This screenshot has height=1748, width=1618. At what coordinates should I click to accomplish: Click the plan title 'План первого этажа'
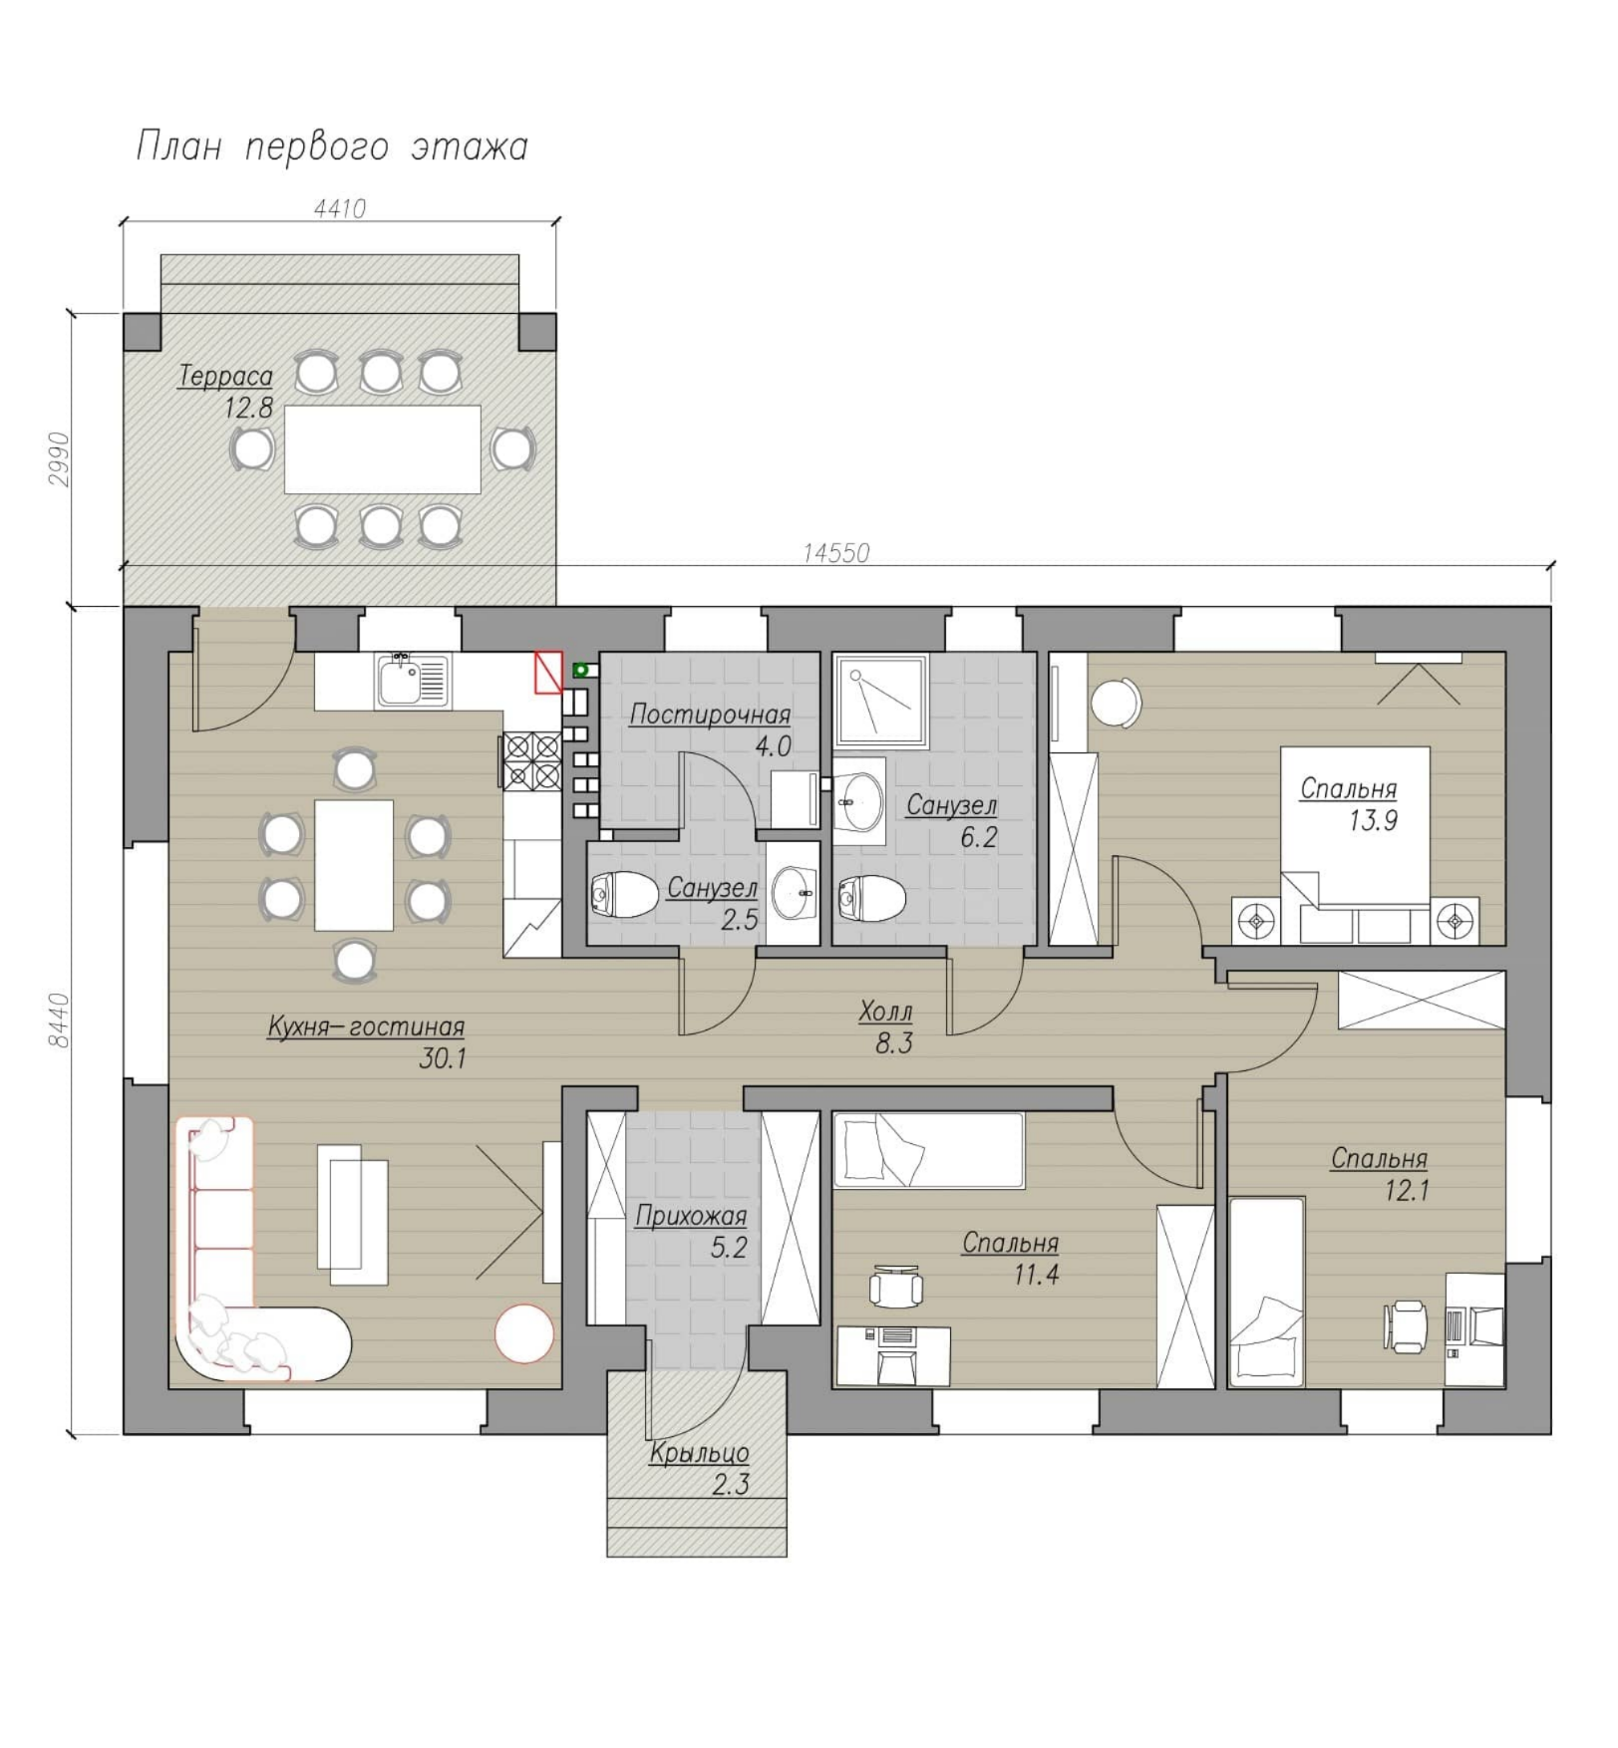tap(332, 147)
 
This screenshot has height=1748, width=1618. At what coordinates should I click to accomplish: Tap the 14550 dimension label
tap(836, 553)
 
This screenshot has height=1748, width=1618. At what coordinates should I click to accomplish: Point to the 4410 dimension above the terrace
tap(340, 209)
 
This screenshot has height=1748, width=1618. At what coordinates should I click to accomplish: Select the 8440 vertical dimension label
tap(60, 1020)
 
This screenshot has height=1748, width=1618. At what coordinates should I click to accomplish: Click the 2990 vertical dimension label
tap(60, 459)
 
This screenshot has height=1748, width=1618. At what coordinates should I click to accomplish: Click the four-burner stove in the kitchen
tap(532, 761)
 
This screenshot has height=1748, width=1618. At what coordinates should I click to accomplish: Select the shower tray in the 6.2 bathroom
tap(880, 701)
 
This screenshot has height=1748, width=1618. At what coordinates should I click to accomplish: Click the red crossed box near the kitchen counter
tap(549, 672)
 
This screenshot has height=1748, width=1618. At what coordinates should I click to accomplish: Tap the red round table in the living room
tap(524, 1333)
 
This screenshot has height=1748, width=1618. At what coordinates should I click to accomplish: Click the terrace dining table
tap(383, 449)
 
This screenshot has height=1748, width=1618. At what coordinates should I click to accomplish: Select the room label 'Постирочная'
tap(710, 716)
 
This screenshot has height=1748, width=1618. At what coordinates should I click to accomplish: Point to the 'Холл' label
tap(886, 1013)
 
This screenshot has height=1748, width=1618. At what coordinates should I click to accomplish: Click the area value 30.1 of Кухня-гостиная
tap(443, 1058)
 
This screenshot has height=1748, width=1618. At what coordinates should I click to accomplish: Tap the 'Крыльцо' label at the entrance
tap(699, 1454)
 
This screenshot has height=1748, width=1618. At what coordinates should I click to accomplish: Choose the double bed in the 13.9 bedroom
tap(1356, 845)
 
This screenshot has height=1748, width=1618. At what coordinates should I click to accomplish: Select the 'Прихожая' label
tap(691, 1216)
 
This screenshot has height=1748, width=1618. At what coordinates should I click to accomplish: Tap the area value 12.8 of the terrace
tap(248, 408)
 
